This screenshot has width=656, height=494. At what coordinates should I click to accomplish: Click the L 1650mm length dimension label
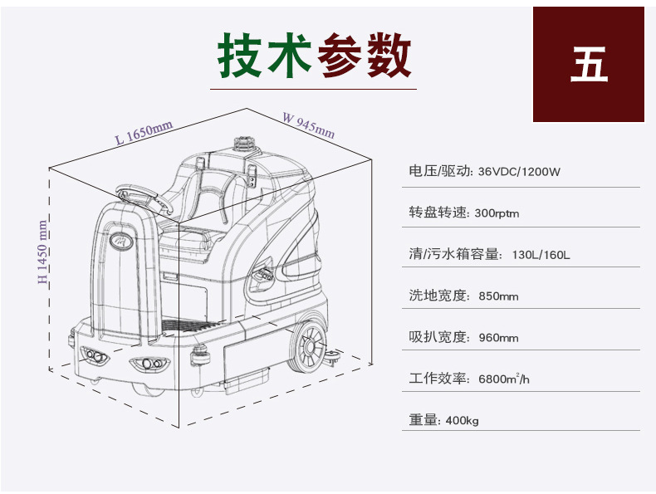click(x=144, y=133)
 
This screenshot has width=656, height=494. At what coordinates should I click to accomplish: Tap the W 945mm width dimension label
click(x=309, y=125)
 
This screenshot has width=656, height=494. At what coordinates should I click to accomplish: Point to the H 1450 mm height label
click(x=42, y=252)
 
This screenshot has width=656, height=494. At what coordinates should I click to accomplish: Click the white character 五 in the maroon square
click(x=589, y=64)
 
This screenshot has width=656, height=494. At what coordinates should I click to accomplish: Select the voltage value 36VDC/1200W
click(x=519, y=172)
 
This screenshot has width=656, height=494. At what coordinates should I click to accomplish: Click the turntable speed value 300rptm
click(x=497, y=213)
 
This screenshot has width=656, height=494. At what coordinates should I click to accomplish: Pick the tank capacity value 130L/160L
click(x=541, y=255)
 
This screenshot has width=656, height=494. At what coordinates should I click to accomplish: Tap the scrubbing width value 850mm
click(x=498, y=296)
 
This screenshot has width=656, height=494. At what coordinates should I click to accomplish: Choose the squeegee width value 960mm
click(x=498, y=338)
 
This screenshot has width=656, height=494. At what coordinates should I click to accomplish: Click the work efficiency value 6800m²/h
click(x=504, y=379)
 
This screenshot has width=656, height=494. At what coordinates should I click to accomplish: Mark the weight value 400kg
click(x=462, y=420)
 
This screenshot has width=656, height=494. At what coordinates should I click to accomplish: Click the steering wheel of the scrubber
click(x=144, y=198)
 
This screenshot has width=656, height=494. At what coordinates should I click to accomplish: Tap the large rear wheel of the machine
click(x=307, y=346)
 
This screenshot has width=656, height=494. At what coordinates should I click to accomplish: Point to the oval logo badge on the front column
click(x=121, y=241)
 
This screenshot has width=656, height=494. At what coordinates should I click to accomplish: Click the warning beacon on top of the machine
click(x=244, y=143)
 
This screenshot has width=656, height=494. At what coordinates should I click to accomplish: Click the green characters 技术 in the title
click(x=264, y=56)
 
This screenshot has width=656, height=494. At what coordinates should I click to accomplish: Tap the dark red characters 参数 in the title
click(x=365, y=56)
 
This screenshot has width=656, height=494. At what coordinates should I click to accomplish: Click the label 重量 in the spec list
click(x=423, y=419)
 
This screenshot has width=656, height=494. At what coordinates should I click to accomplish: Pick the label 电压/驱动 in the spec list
click(x=440, y=171)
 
